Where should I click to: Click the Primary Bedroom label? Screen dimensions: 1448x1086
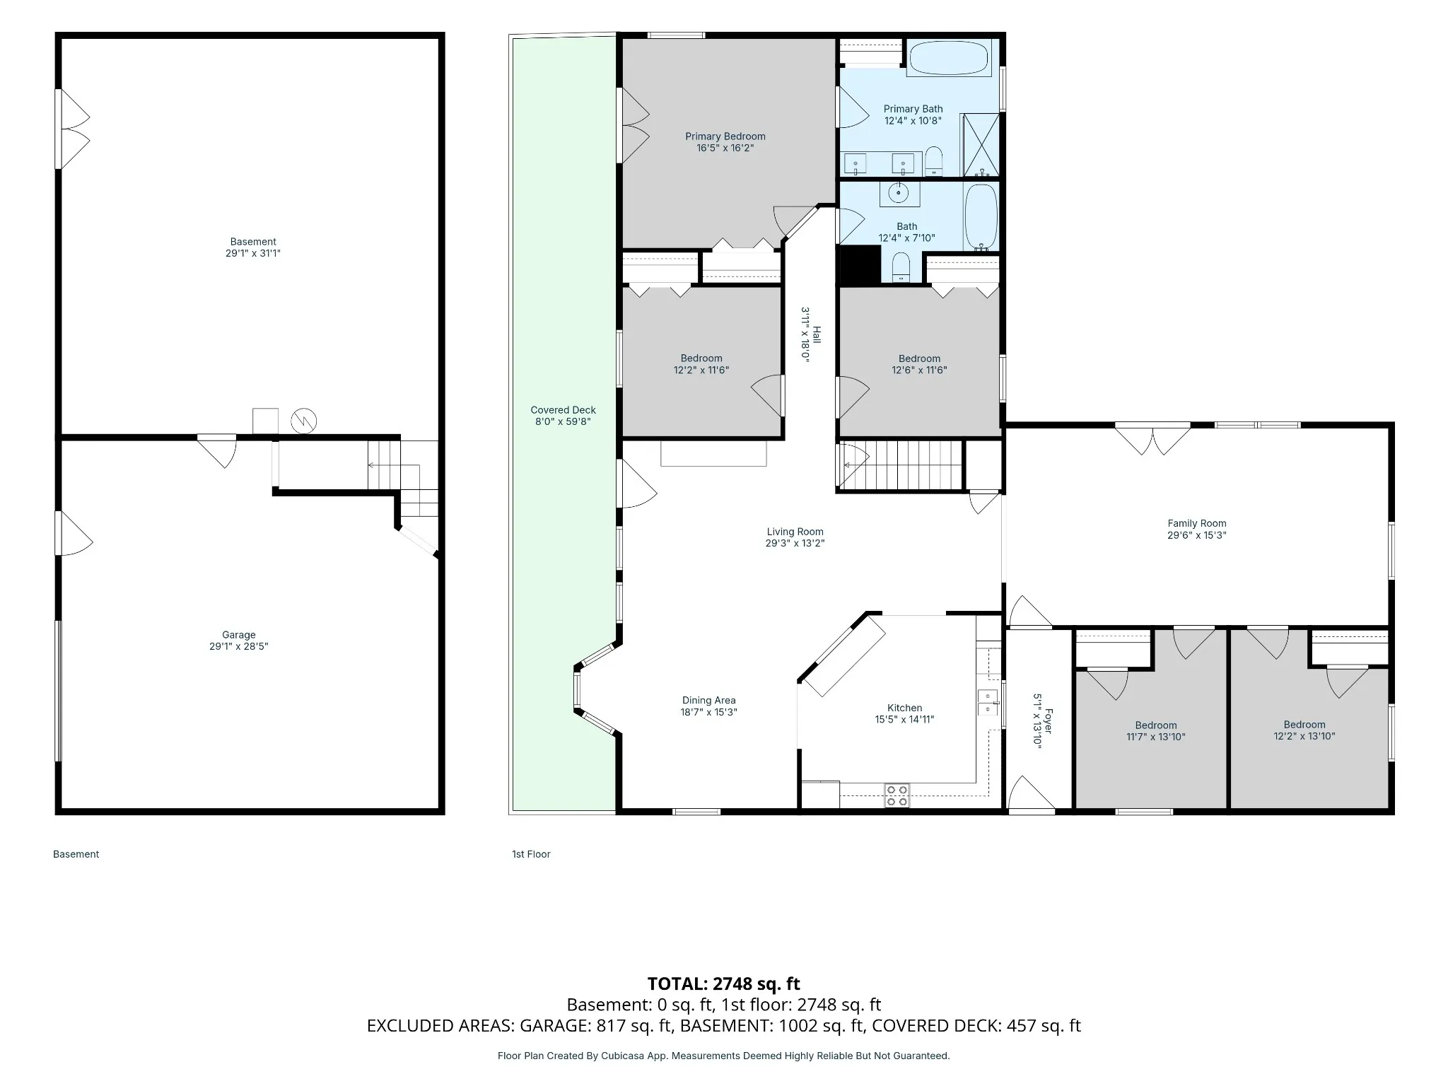[x=725, y=136]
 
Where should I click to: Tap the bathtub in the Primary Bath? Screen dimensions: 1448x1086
[x=948, y=57]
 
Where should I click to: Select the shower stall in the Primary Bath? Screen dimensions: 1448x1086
[x=980, y=144]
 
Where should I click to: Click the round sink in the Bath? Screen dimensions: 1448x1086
[x=899, y=192]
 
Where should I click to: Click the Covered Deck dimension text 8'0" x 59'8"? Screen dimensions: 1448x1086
[x=564, y=421]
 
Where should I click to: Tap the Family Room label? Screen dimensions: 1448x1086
[x=1196, y=524]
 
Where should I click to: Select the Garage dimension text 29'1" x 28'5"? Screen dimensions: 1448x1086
[x=239, y=646]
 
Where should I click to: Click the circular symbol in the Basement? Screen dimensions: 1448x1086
[x=304, y=421]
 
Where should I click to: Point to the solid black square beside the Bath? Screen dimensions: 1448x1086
[x=858, y=266]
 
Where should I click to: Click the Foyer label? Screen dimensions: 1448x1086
[x=1049, y=721]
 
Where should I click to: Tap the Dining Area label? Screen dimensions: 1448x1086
[x=708, y=701]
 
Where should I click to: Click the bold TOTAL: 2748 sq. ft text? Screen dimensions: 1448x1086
[x=724, y=983]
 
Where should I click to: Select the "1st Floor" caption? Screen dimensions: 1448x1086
[x=531, y=854]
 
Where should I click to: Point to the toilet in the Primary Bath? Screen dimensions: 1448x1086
[x=934, y=160]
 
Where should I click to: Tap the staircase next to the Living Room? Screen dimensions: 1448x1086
[x=899, y=465]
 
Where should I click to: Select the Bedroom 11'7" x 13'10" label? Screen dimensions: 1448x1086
[x=1156, y=731]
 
